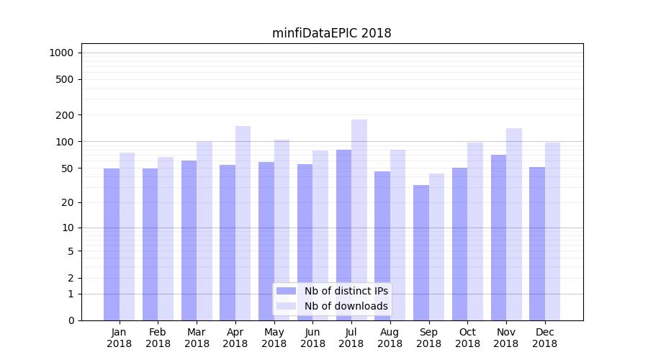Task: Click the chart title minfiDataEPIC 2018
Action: [331, 33]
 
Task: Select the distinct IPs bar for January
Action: [112, 245]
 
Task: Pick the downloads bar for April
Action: [243, 223]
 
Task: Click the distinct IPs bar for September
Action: [421, 253]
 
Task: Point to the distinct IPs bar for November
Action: [498, 238]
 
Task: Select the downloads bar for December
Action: [553, 231]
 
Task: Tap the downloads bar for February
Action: [166, 238]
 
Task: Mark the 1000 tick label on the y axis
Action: [61, 53]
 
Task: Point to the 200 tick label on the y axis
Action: [66, 115]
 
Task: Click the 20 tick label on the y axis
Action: [68, 202]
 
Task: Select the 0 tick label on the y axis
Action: [71, 320]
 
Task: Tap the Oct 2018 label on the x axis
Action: [467, 338]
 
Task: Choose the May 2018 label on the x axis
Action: [274, 338]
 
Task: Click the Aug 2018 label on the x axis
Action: [390, 338]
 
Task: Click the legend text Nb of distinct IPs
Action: [346, 291]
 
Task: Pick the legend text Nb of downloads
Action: [346, 306]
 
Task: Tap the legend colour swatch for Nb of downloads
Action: [286, 306]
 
